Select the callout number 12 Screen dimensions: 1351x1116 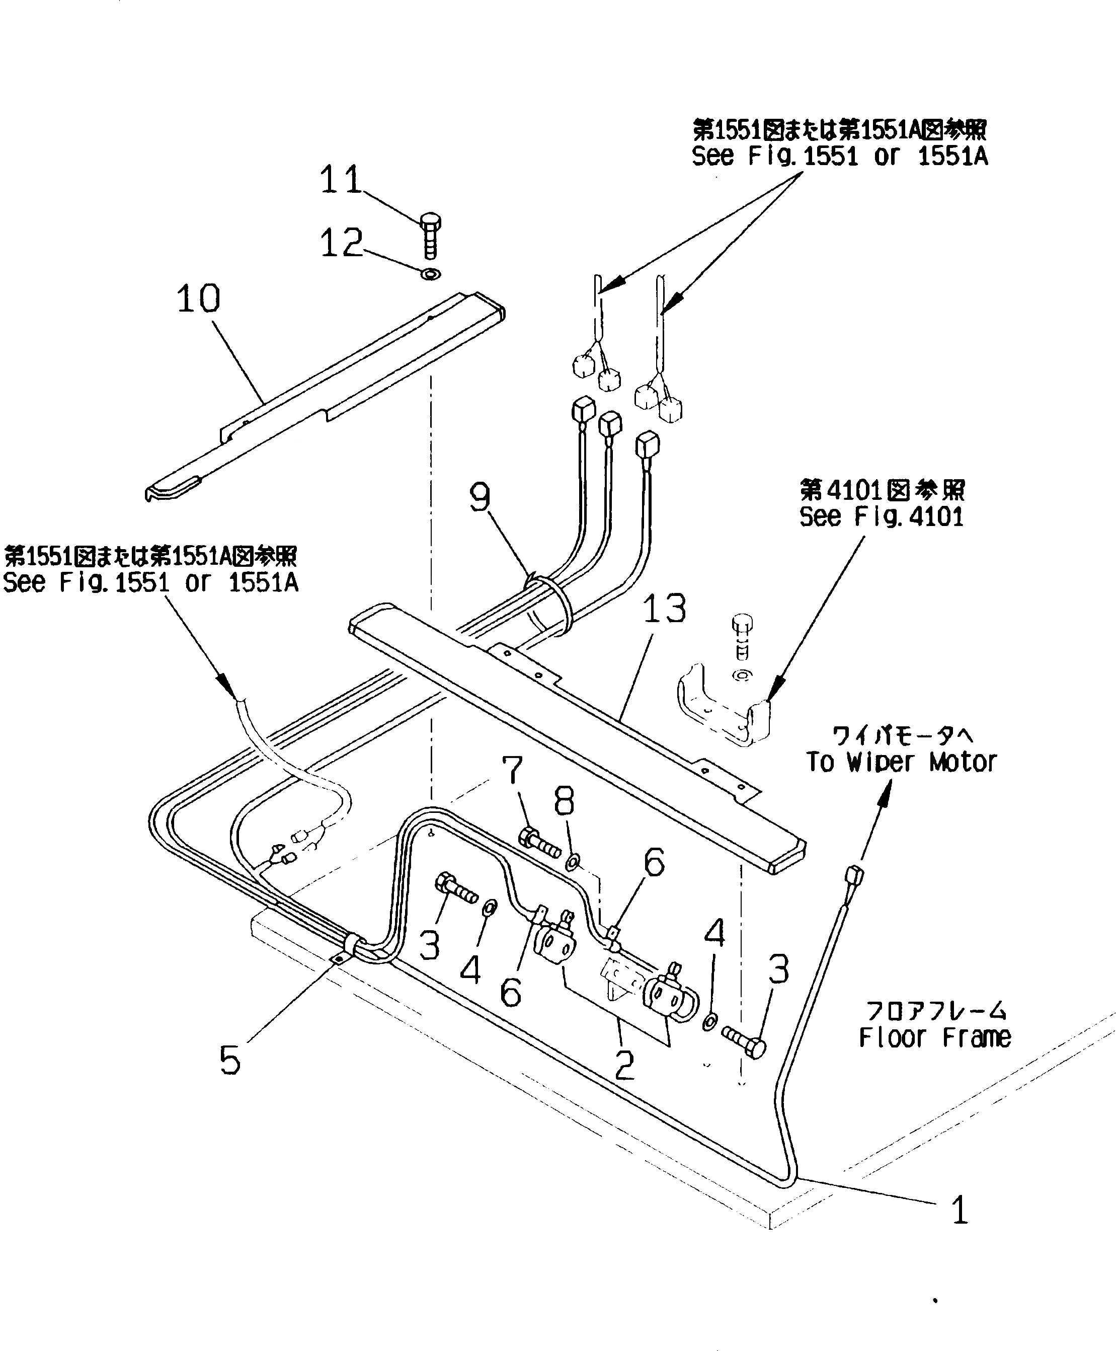[x=341, y=243]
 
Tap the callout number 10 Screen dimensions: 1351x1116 [x=199, y=299]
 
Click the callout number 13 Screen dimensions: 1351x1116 [x=665, y=609]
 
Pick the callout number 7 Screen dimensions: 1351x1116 [x=512, y=770]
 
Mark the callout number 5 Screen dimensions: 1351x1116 [x=230, y=1060]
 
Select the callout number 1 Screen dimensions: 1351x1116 [x=960, y=1210]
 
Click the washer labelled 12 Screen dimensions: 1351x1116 [x=431, y=274]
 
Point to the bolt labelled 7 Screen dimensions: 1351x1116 [x=539, y=843]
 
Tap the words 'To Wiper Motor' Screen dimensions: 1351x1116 [x=901, y=763]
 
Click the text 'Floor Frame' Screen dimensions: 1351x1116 [x=935, y=1037]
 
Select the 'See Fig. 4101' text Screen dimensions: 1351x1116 [x=882, y=517]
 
